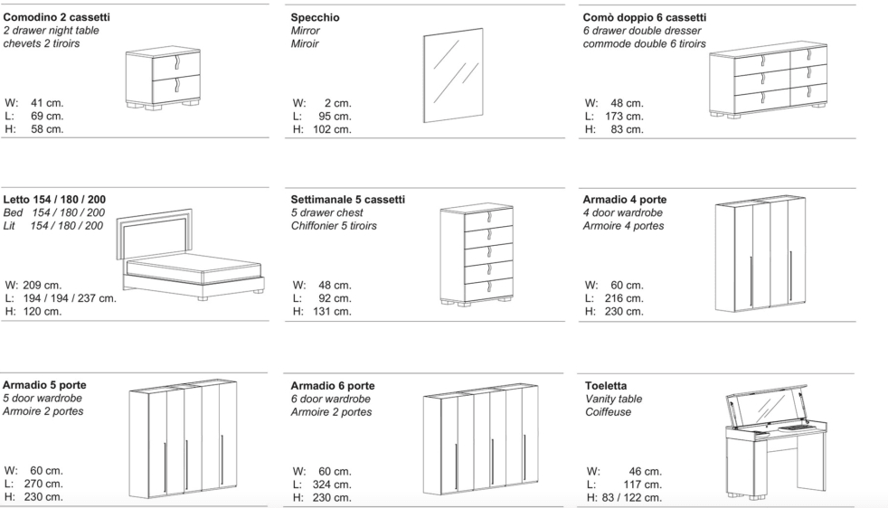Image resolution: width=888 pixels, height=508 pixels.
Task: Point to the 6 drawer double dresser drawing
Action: click(768, 80)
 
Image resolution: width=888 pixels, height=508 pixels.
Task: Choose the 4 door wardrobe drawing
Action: click(760, 254)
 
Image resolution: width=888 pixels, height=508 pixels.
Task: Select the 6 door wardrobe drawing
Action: click(480, 440)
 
